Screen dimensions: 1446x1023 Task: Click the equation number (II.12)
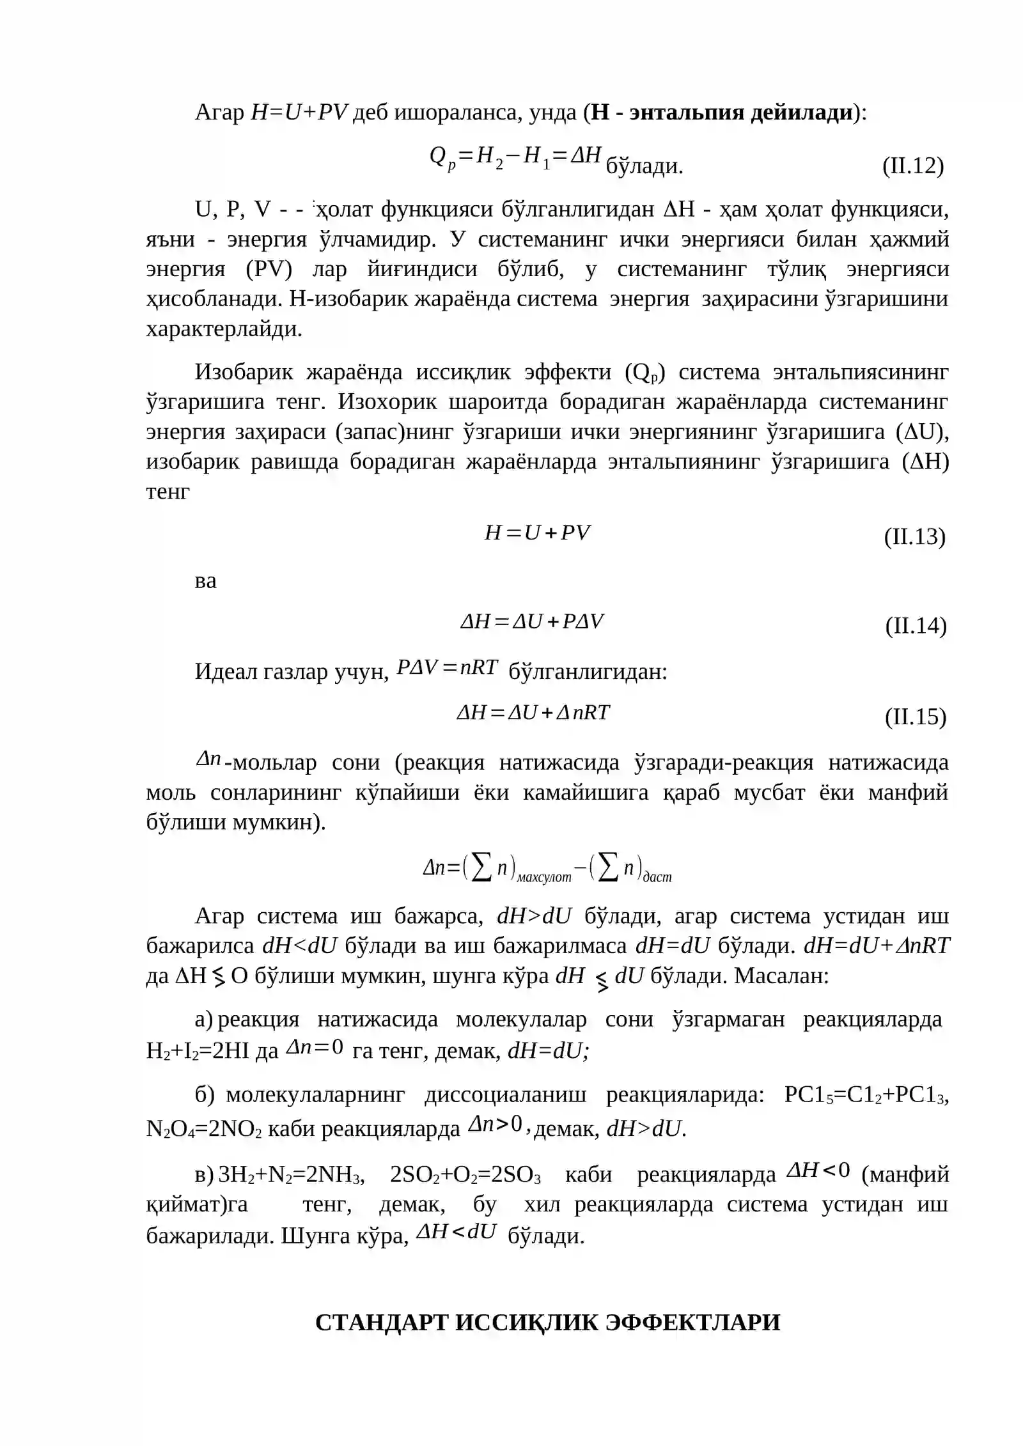tap(912, 166)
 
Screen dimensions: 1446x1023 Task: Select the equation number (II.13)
tap(914, 536)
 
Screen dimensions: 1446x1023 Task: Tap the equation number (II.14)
tap(916, 625)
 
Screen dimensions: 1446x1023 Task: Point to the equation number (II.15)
tap(916, 717)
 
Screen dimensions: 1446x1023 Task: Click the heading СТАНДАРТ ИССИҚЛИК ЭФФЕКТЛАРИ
tap(548, 1322)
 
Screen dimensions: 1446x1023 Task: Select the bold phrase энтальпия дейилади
tap(742, 113)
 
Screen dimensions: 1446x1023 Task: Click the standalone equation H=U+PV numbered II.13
tap(537, 533)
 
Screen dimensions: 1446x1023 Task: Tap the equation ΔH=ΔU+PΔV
tap(532, 622)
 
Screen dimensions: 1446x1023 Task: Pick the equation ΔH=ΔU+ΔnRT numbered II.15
tap(533, 713)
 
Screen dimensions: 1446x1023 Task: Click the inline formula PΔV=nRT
tap(447, 667)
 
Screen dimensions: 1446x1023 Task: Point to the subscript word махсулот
tap(543, 878)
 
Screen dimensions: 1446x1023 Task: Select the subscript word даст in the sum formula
tap(657, 878)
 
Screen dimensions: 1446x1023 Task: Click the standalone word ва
tap(205, 581)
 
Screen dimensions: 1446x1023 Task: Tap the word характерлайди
tap(223, 329)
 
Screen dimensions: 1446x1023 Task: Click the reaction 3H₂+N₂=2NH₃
tap(291, 1175)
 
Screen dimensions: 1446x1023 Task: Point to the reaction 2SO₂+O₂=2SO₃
tap(465, 1175)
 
